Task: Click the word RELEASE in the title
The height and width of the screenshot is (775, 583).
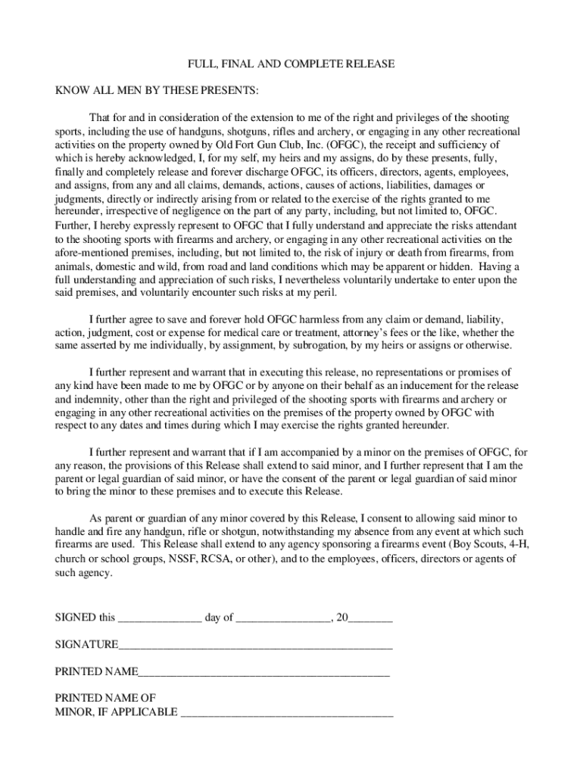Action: (369, 64)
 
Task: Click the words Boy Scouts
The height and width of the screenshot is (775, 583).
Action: (476, 545)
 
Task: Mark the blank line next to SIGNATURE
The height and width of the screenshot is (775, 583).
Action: (255, 645)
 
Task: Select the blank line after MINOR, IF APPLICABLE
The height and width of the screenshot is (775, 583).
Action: (287, 712)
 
